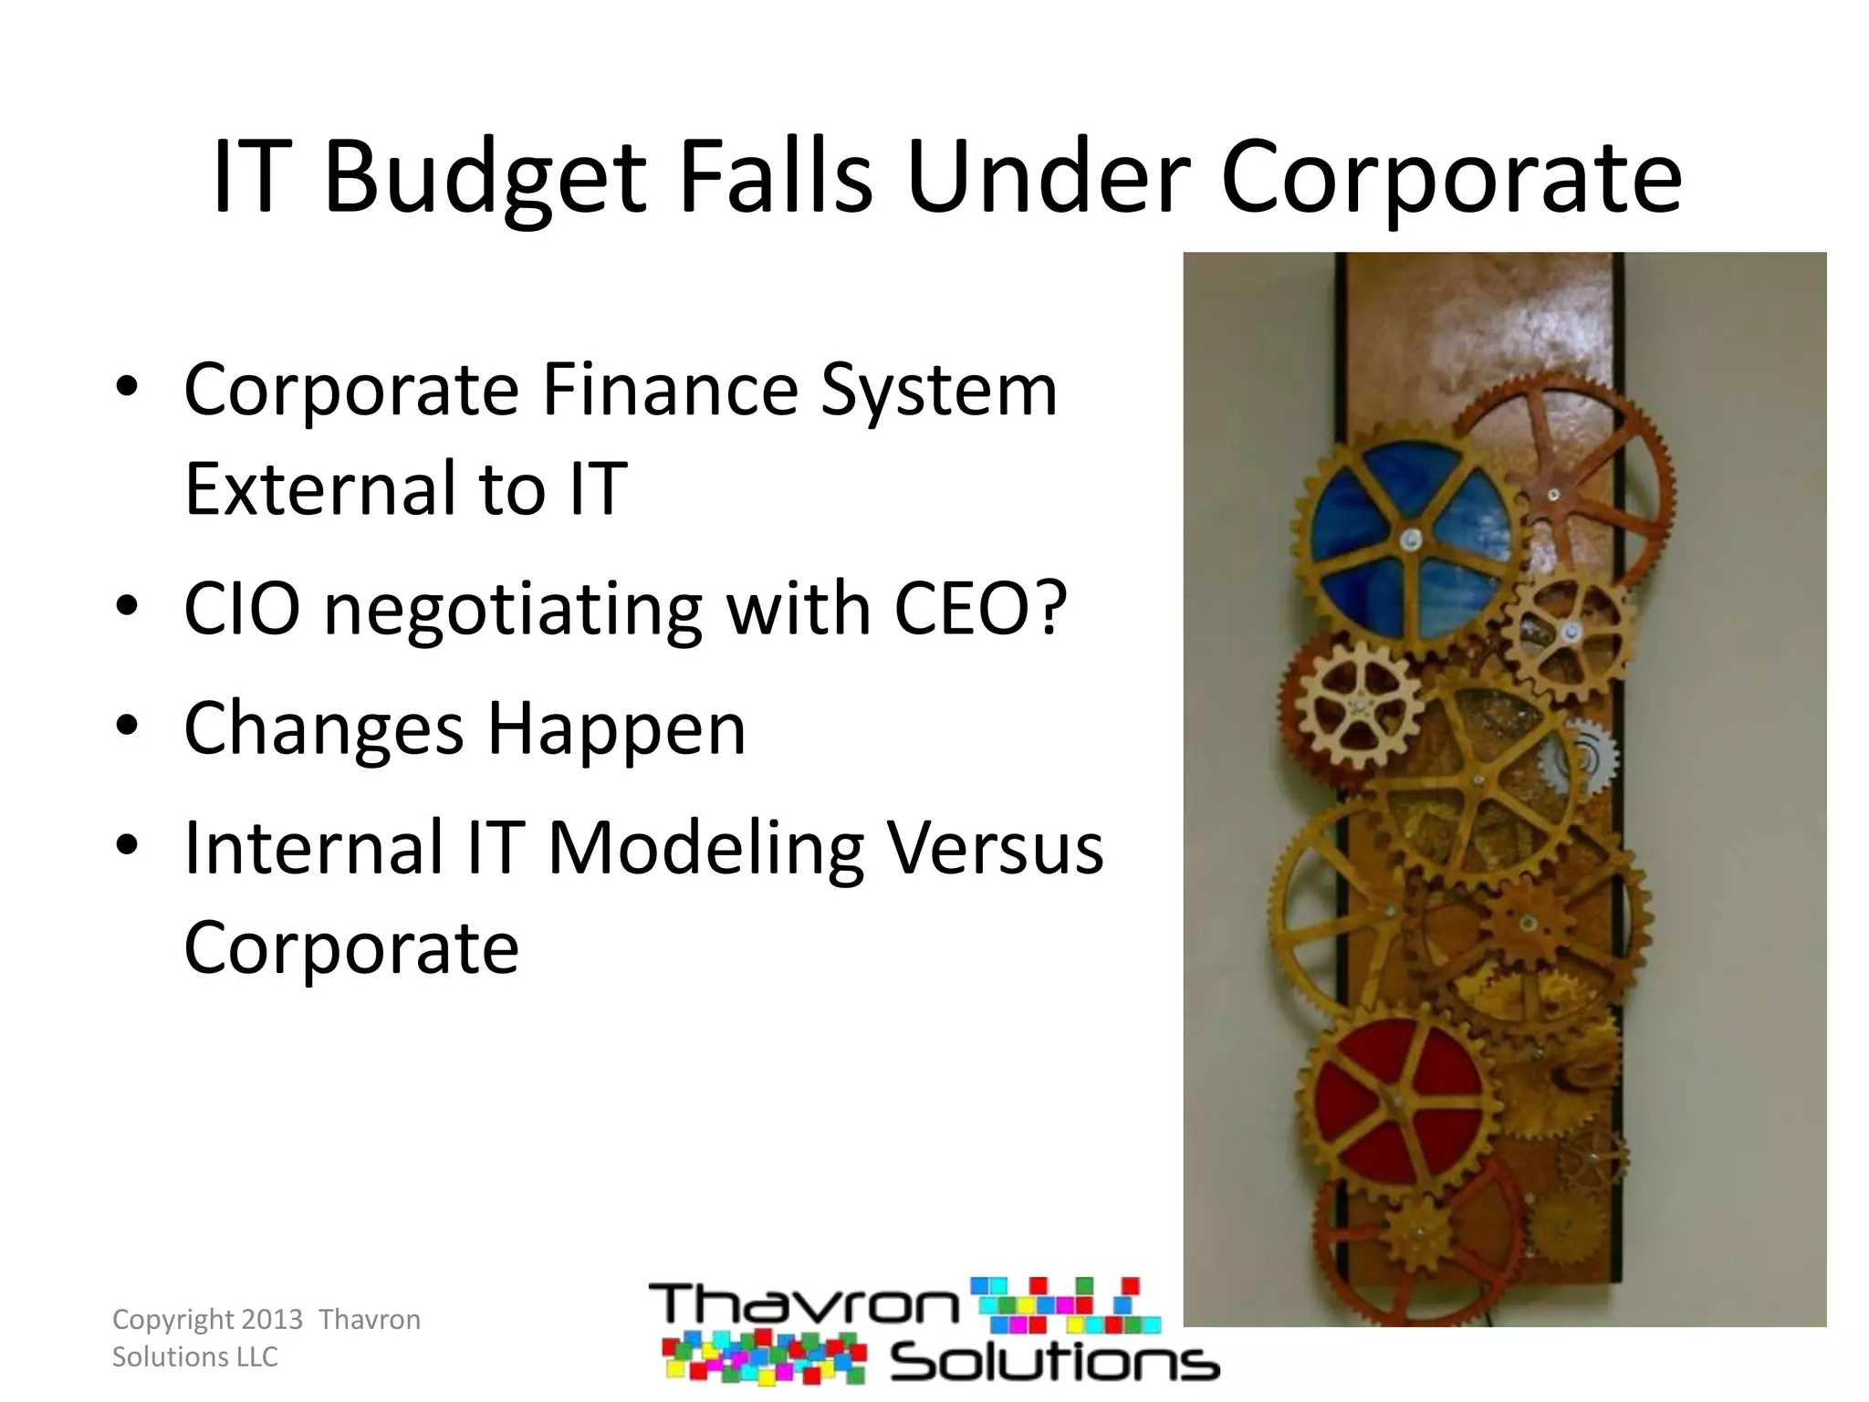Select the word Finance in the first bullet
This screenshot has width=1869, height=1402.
(x=670, y=390)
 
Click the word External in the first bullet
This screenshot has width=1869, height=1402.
(x=318, y=488)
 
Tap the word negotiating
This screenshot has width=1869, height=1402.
(x=513, y=610)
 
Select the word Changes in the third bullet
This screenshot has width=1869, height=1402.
(x=324, y=728)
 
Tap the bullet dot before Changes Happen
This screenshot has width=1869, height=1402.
(x=127, y=726)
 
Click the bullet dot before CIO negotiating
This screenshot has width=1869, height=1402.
(x=127, y=606)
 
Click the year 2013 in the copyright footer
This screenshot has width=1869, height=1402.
(x=272, y=1320)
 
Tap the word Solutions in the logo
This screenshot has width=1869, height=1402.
(x=1055, y=1364)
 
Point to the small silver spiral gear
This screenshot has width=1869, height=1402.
(x=1586, y=756)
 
